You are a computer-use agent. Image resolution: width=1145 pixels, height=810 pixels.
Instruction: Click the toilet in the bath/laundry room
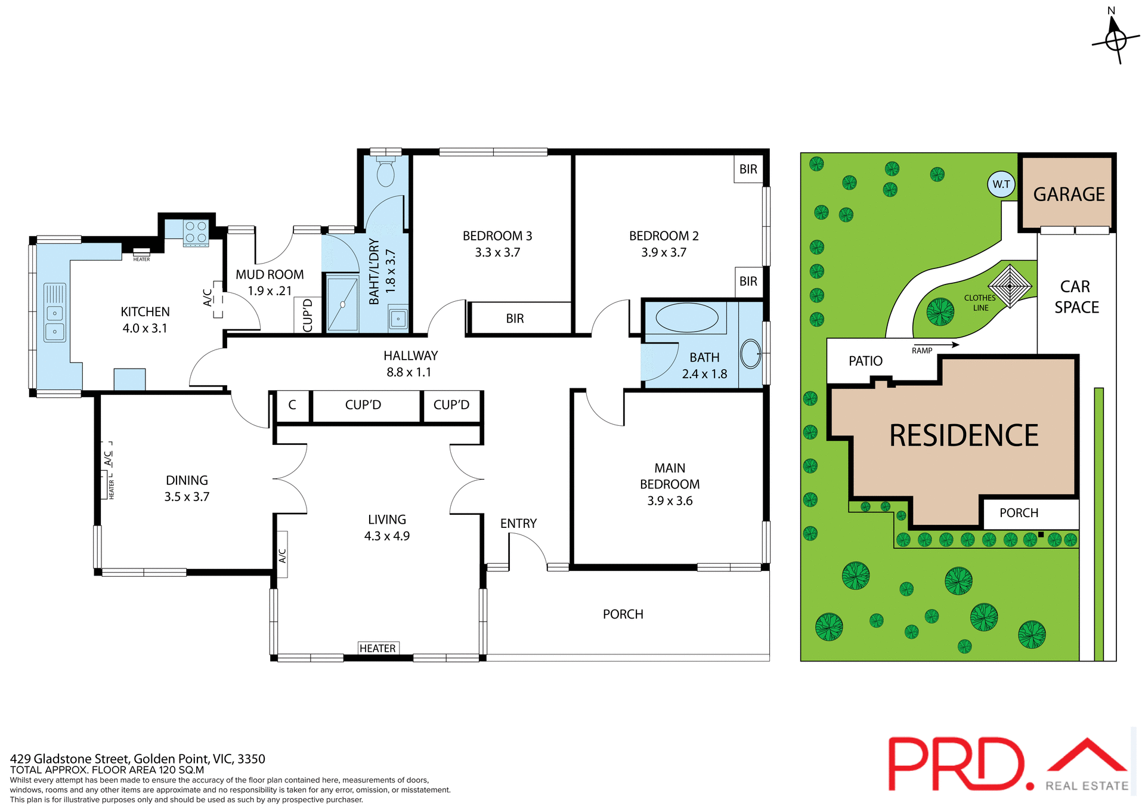tap(386, 172)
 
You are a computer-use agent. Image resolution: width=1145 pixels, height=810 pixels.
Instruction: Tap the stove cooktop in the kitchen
tap(196, 232)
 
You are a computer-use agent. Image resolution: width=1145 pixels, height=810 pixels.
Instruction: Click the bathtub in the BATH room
tap(687, 317)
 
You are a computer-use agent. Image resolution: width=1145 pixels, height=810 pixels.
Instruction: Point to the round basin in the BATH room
tap(750, 354)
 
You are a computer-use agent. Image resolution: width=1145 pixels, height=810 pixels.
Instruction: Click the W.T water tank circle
tap(1001, 184)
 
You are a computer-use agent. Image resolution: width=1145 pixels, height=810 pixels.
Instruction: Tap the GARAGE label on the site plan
tap(1069, 194)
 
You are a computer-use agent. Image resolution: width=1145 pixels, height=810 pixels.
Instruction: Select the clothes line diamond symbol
tap(1010, 286)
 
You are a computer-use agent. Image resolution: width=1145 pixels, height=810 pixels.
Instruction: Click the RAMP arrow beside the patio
tap(942, 345)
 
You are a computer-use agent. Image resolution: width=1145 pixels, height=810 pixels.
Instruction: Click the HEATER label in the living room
tap(377, 648)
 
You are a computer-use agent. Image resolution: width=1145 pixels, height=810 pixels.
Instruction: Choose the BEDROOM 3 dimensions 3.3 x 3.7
tap(497, 252)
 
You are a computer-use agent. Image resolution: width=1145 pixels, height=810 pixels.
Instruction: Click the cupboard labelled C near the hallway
tap(292, 405)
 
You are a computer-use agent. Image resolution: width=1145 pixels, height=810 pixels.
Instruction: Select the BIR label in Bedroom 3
tap(515, 319)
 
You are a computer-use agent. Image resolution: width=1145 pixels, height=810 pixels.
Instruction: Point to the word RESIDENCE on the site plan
tap(964, 435)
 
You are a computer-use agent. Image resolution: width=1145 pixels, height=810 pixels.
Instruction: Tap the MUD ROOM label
tap(270, 274)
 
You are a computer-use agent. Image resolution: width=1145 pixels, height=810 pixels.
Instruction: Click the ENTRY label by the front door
tap(518, 523)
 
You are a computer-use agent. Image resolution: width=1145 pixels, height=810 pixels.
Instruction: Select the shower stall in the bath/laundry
tap(342, 304)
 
